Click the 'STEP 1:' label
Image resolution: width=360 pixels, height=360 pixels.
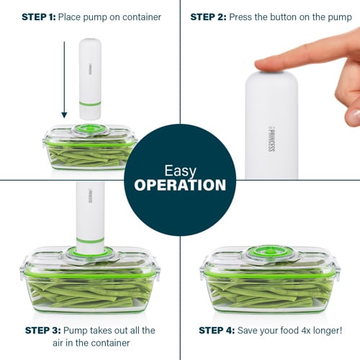pyautogui.click(x=39, y=17)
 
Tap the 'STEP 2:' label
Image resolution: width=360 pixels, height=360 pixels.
pyautogui.click(x=208, y=17)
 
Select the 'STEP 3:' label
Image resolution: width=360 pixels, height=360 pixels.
pyautogui.click(x=43, y=330)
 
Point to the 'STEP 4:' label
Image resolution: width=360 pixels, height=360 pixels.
pyautogui.click(x=217, y=330)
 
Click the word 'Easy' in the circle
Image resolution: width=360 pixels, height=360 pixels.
pyautogui.click(x=180, y=171)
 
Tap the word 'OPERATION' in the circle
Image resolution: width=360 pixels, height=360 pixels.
pyautogui.click(x=180, y=185)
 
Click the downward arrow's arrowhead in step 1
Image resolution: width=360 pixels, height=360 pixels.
pyautogui.click(x=64, y=115)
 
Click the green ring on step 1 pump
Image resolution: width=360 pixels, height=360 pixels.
pyautogui.click(x=90, y=104)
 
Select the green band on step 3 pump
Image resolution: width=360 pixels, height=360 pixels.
pyautogui.click(x=90, y=240)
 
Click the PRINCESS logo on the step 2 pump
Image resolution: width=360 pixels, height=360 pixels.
pyautogui.click(x=271, y=140)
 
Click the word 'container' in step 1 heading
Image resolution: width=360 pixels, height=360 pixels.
pyautogui.click(x=142, y=17)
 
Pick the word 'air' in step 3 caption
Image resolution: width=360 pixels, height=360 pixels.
pyautogui.click(x=58, y=343)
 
